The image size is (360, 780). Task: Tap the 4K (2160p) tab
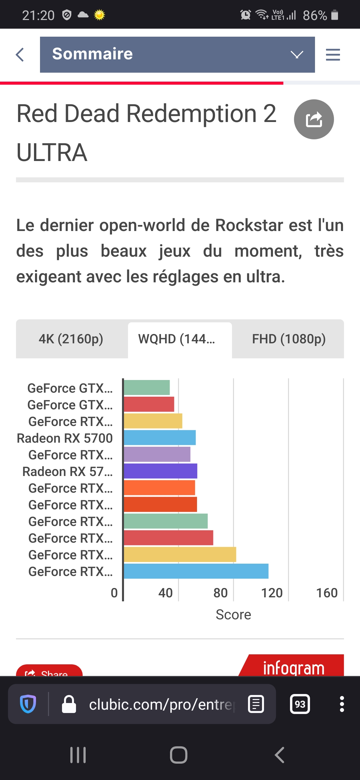[71, 339]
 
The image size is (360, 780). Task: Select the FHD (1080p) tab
[289, 339]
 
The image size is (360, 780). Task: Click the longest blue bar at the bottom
[196, 571]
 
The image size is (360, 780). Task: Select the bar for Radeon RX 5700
[160, 438]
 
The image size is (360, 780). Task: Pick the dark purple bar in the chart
[160, 471]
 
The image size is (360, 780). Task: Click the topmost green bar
[147, 388]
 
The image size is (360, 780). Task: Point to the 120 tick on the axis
[272, 593]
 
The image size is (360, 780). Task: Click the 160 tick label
[327, 593]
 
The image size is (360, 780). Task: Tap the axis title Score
[233, 614]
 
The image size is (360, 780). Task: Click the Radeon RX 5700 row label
[65, 438]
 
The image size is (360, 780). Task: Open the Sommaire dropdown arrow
[297, 54]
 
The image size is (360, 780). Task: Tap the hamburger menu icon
[333, 54]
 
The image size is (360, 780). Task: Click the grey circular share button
[314, 119]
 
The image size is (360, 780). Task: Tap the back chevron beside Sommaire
[20, 54]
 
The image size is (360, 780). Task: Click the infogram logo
[293, 667]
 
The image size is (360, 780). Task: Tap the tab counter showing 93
[300, 704]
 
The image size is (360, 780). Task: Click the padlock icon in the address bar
[69, 704]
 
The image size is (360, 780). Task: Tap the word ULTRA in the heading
[52, 152]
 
